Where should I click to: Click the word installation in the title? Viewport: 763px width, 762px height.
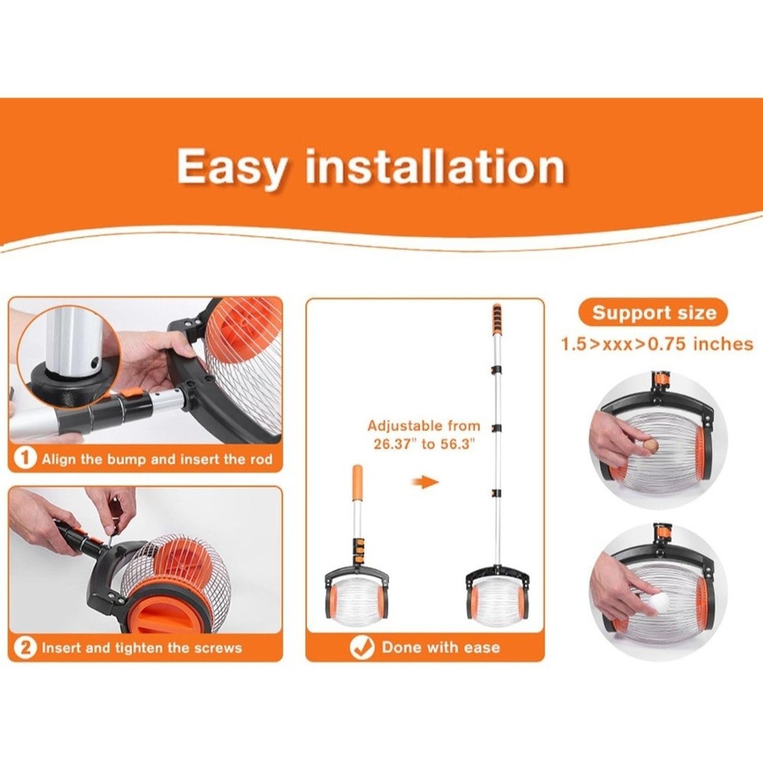point(435,166)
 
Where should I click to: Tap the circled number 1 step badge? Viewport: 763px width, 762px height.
point(25,458)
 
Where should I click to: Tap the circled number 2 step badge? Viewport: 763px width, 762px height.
point(25,648)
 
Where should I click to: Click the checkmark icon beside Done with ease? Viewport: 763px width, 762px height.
point(362,648)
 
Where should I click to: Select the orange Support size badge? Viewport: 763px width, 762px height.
point(653,313)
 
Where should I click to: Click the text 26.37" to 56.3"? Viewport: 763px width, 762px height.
point(423,444)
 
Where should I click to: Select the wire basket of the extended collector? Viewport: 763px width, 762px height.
point(497,602)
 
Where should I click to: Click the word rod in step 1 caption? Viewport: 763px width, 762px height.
point(261,459)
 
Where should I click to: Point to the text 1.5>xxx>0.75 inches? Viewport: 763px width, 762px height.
point(657,344)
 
